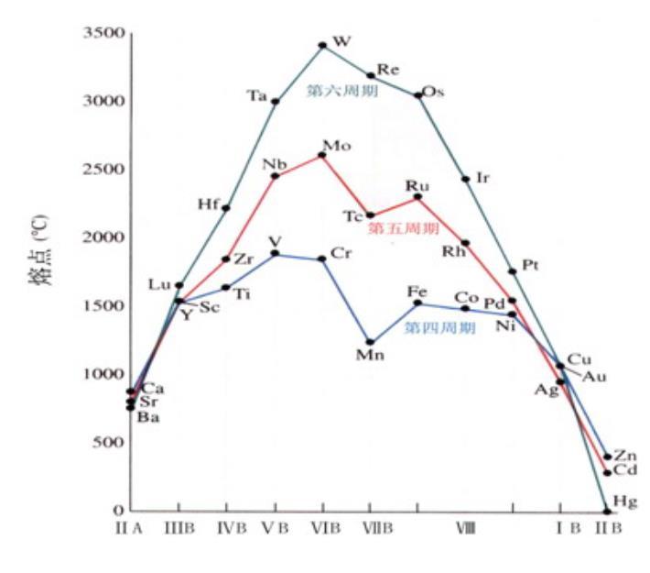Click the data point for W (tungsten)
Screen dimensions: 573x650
pos(322,45)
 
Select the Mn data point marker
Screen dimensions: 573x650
pos(370,342)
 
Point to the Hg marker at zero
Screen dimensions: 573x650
pos(606,511)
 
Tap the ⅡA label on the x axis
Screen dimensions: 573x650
pos(129,528)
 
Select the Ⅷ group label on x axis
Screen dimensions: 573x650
pos(465,528)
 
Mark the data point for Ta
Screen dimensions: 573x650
pos(275,101)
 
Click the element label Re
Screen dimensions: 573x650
pos(388,70)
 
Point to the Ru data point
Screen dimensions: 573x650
pos(417,196)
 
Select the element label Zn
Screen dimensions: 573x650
pos(626,456)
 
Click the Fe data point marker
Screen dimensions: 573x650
pos(417,303)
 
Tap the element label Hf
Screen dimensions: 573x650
pos(207,203)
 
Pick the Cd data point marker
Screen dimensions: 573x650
pos(607,472)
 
